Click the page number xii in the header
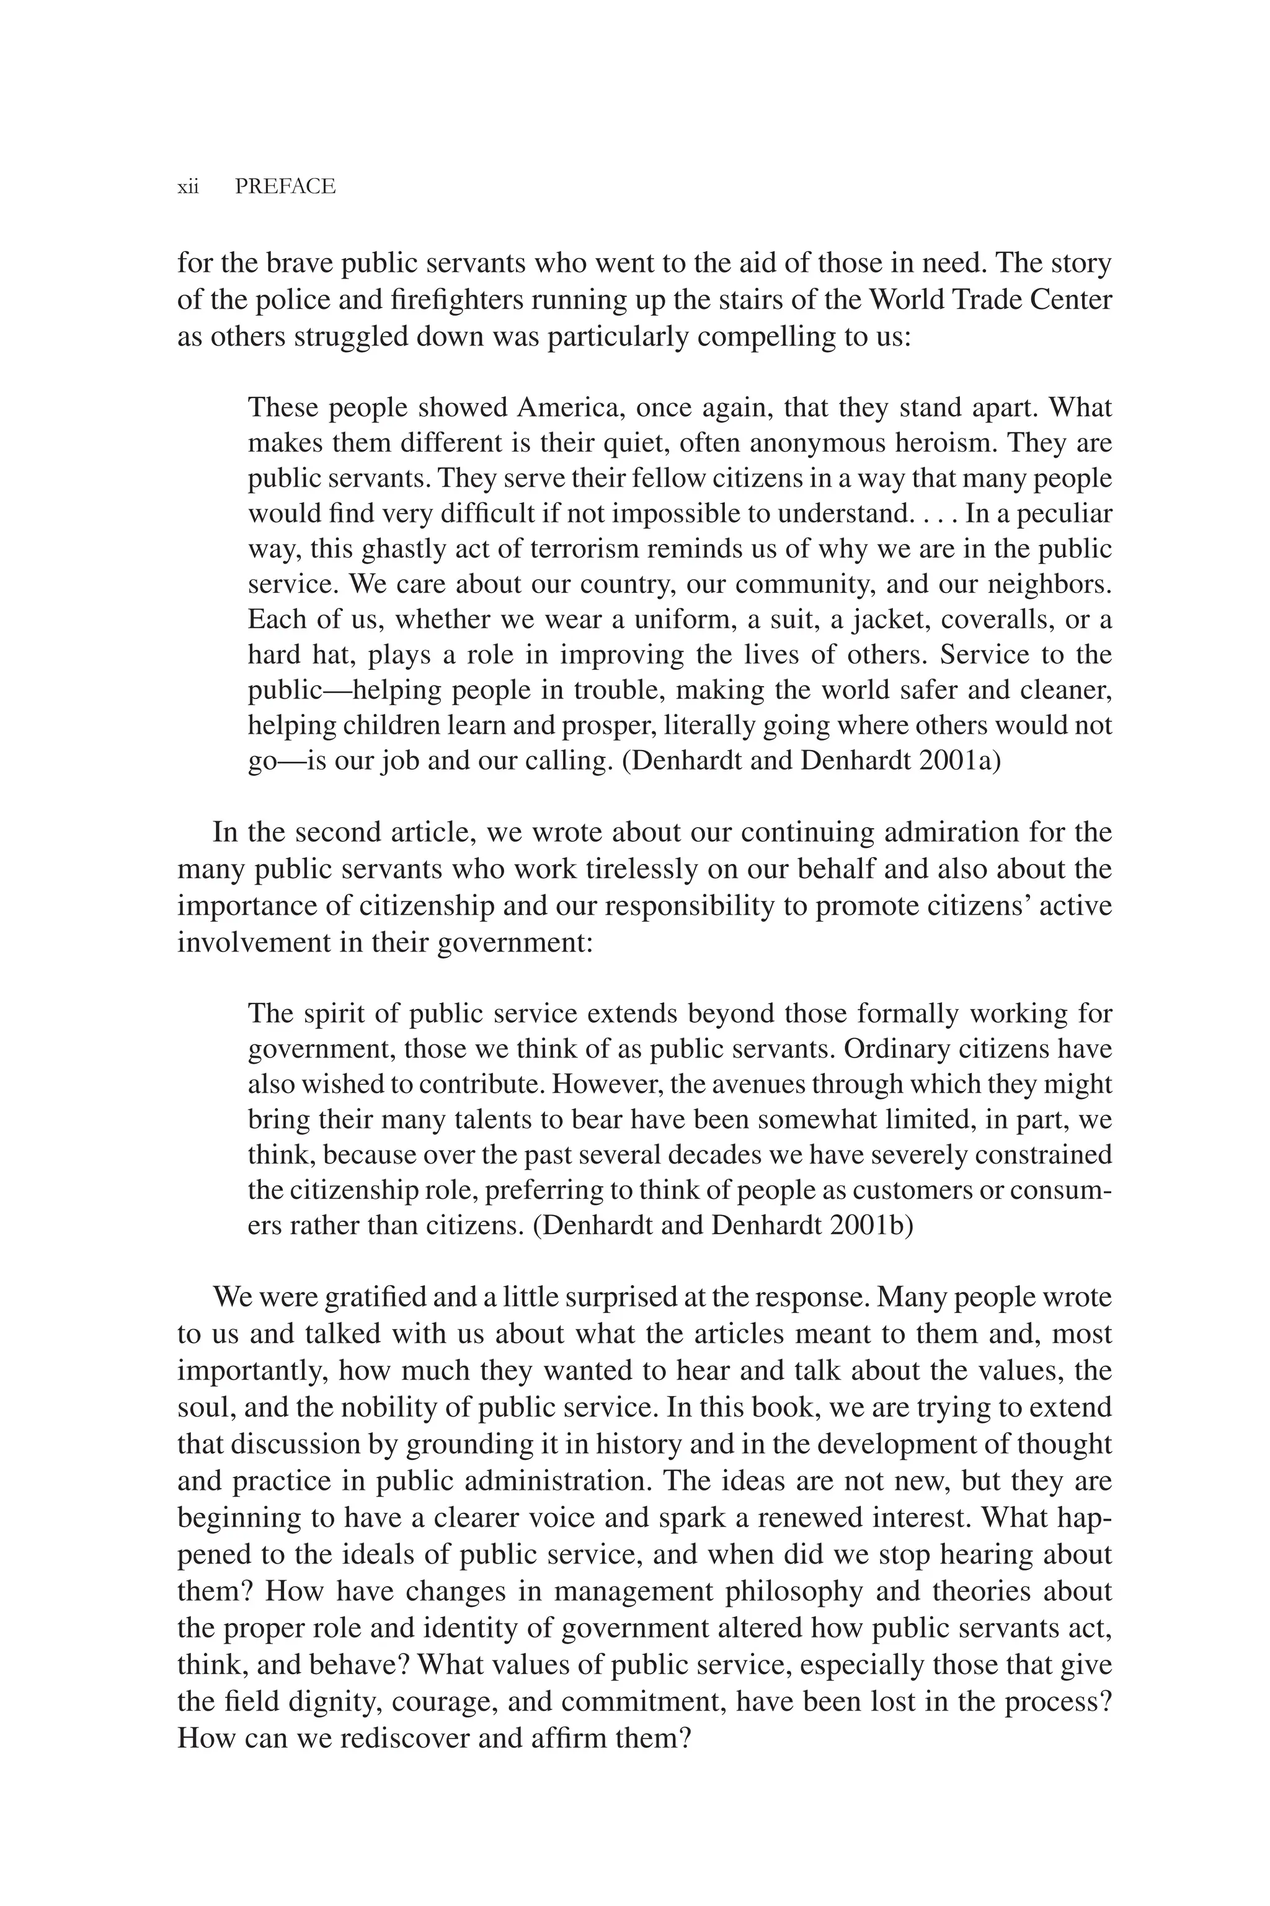pos(188,187)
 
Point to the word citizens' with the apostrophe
pos(986,905)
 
